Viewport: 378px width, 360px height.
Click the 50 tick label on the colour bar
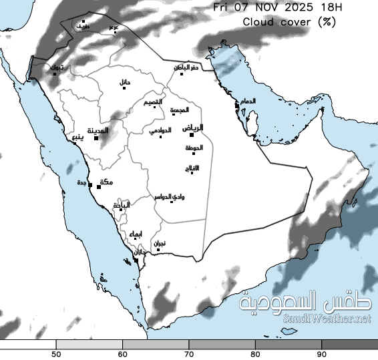(57, 353)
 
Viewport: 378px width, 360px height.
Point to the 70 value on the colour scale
(190, 353)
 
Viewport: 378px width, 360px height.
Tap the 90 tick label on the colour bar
(322, 353)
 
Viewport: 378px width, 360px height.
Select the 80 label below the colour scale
(256, 353)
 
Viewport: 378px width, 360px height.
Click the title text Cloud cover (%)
(289, 21)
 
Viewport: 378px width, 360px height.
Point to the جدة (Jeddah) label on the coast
(82, 183)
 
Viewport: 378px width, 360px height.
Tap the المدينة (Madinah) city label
(99, 130)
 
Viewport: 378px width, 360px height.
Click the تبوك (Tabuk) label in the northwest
(58, 68)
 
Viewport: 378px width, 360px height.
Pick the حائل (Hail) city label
(125, 82)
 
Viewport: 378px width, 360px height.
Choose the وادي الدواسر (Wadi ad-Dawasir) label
(170, 196)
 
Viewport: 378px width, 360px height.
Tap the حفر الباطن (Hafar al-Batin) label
(187, 67)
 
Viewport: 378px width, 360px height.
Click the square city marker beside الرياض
(192, 135)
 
